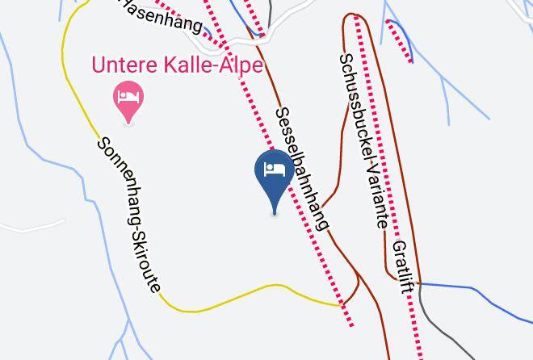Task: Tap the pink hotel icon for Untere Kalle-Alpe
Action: tap(128, 98)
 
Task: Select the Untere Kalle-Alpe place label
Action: tap(178, 65)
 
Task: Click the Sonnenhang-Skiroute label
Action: tap(129, 215)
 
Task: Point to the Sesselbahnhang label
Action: tap(302, 169)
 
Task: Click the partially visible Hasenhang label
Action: tap(162, 14)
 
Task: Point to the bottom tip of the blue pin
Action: tap(275, 214)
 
